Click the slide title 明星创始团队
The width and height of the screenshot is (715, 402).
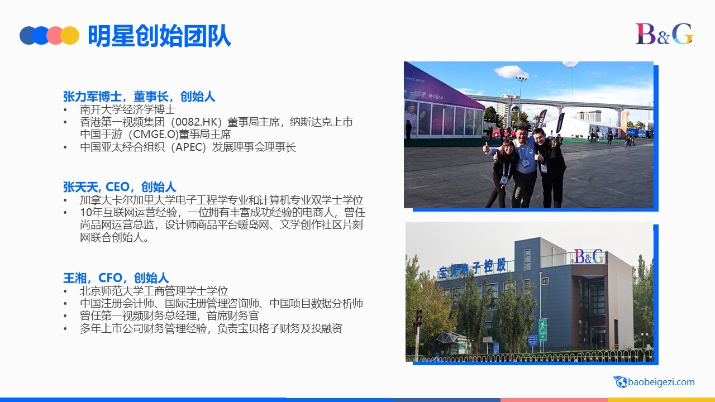[x=159, y=35]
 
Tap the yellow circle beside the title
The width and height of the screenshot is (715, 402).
[x=70, y=35]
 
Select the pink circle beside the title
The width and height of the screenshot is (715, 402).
[x=55, y=35]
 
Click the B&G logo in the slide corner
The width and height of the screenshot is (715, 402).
[x=664, y=33]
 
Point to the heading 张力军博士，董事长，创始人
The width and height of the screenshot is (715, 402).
[x=139, y=97]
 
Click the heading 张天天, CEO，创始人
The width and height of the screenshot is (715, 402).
[x=120, y=186]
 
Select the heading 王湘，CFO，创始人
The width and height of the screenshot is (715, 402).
[x=116, y=277]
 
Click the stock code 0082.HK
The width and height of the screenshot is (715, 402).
[x=198, y=122]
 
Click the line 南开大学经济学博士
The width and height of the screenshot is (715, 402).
[x=127, y=109]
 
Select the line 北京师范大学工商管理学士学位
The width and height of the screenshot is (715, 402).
[x=154, y=291]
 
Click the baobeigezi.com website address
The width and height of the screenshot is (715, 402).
[x=661, y=382]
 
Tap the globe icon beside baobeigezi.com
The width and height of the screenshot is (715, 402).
[x=621, y=381]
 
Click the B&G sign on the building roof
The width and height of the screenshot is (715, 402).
[x=589, y=256]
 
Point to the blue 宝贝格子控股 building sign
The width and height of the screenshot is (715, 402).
[x=473, y=269]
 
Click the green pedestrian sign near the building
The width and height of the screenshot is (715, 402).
[x=542, y=329]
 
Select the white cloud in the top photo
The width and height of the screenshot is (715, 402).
[x=511, y=71]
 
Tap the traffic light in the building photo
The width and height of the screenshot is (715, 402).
[x=418, y=317]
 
